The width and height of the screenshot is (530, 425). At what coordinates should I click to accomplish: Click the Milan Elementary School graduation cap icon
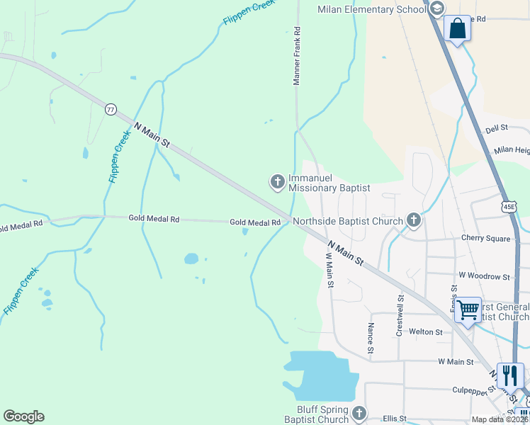click(x=436, y=9)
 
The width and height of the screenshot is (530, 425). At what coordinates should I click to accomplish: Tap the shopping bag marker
click(x=457, y=29)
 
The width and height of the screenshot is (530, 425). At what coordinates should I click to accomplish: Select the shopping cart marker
click(x=468, y=310)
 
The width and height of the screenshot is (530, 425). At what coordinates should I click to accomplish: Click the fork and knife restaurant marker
click(x=510, y=375)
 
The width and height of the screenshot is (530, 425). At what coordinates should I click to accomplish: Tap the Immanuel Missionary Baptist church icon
click(x=277, y=182)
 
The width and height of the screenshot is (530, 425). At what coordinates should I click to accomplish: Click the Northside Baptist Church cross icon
click(x=414, y=222)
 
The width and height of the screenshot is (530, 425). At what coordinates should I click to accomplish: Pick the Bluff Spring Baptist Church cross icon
click(x=359, y=413)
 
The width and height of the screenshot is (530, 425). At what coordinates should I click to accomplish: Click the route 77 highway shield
click(x=110, y=109)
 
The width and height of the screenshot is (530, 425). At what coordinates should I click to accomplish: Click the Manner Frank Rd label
click(x=298, y=57)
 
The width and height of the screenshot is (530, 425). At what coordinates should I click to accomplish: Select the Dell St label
click(x=497, y=128)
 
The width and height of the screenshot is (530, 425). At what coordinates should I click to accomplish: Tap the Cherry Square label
click(x=485, y=239)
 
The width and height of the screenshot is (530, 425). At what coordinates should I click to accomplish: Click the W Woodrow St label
click(x=484, y=276)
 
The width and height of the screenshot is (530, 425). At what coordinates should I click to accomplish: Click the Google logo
click(x=23, y=416)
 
